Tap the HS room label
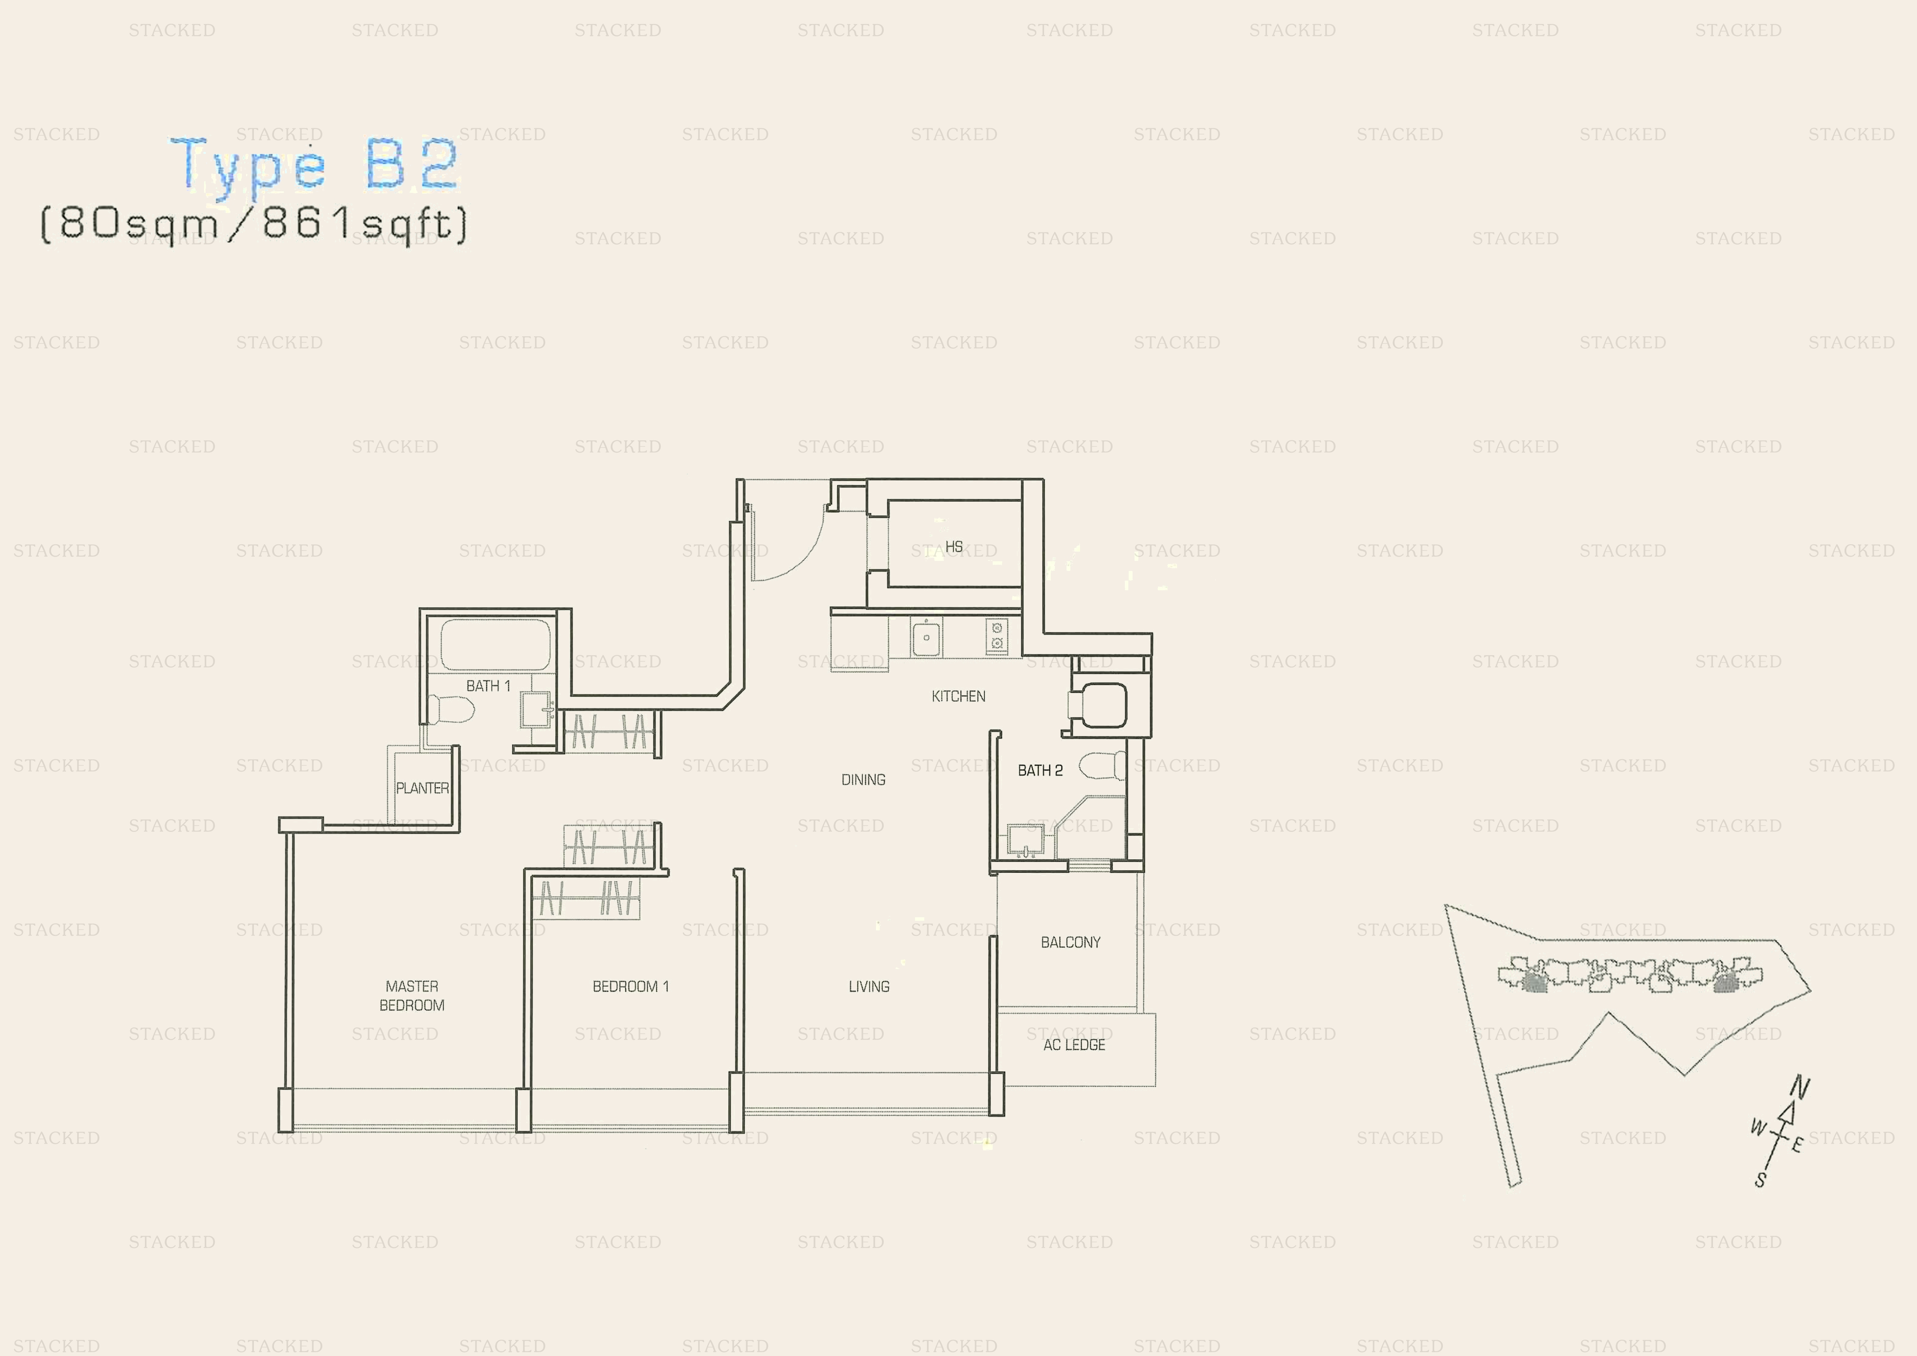pyautogui.click(x=954, y=547)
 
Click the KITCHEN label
pyautogui.click(x=958, y=697)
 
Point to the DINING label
pyautogui.click(x=863, y=780)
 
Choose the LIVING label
pyautogui.click(x=869, y=986)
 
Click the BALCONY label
pyautogui.click(x=1070, y=943)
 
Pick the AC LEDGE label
pyautogui.click(x=1075, y=1044)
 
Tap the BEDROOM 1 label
pyautogui.click(x=630, y=986)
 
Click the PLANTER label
pyautogui.click(x=422, y=788)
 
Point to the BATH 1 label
pyautogui.click(x=488, y=685)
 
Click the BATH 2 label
pyautogui.click(x=1040, y=771)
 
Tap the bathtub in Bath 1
pyautogui.click(x=495, y=645)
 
